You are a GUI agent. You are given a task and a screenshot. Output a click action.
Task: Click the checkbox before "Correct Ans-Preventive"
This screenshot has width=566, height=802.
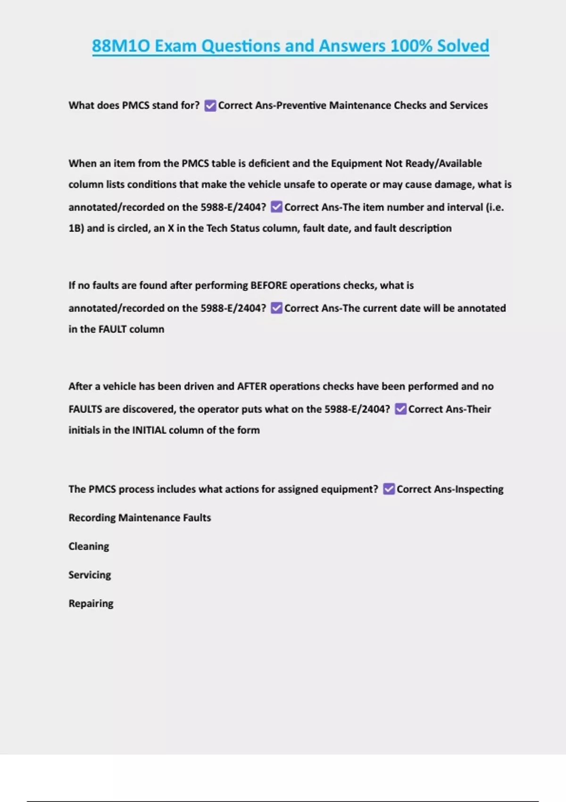210,106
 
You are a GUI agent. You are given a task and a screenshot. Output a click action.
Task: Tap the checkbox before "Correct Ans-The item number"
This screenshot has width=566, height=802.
277,207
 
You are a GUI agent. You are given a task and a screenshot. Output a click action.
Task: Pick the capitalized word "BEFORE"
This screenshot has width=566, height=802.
268,285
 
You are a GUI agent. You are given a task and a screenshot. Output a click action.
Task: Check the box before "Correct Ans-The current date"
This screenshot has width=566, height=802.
277,308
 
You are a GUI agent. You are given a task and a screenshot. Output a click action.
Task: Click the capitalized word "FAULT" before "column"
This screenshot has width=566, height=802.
112,329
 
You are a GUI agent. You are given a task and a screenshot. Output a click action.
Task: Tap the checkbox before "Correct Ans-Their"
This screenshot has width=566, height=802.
400,409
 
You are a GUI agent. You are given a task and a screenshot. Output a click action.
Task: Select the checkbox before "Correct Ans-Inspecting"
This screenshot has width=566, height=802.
389,489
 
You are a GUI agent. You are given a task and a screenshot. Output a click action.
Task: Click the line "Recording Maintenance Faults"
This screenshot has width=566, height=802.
140,518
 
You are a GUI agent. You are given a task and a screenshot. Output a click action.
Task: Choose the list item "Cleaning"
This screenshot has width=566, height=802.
89,546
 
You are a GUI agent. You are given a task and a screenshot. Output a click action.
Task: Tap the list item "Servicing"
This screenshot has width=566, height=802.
90,575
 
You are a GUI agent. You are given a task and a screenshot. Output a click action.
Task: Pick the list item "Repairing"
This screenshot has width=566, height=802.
91,604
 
